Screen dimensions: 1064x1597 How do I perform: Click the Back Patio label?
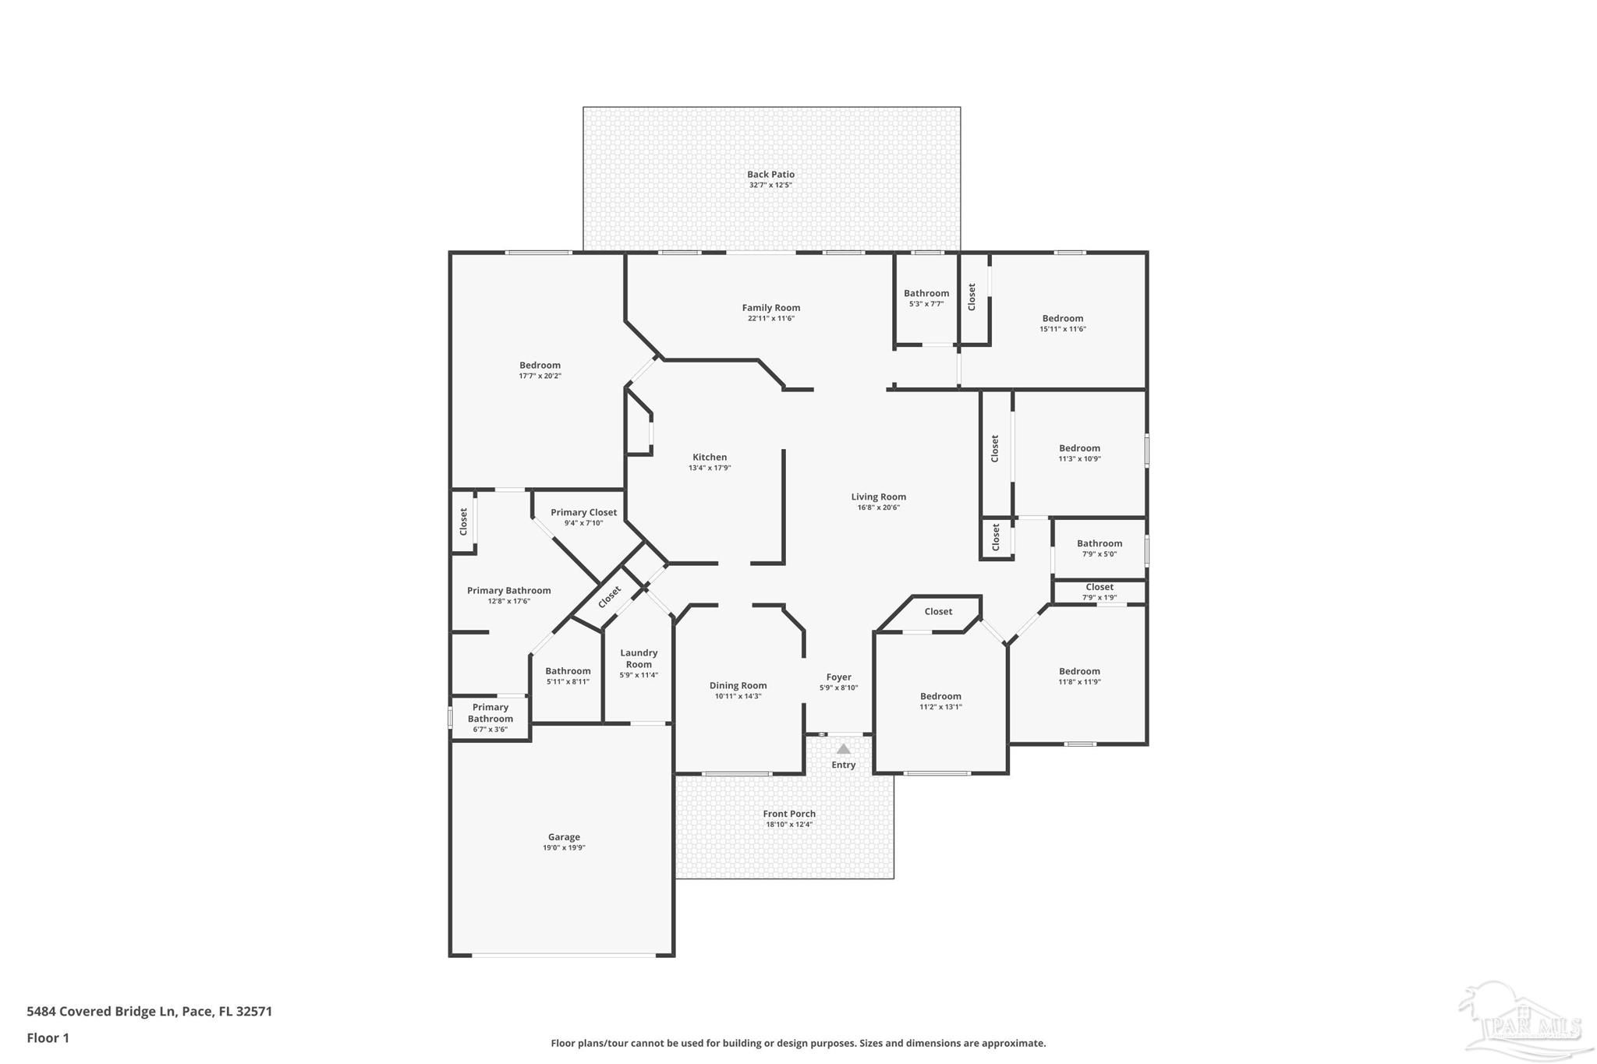tap(770, 175)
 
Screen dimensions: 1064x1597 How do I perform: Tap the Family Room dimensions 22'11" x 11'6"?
tap(770, 319)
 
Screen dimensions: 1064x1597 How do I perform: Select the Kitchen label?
tap(710, 458)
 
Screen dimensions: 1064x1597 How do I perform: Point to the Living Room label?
tap(878, 497)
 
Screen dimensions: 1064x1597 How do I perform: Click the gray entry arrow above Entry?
tap(843, 749)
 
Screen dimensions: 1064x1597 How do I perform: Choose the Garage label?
tap(564, 837)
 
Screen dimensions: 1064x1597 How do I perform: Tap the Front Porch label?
tap(789, 814)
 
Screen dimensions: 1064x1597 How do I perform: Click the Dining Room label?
tap(738, 686)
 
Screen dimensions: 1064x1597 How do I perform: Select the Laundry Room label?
tap(639, 659)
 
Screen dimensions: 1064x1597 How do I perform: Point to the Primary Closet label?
tap(583, 512)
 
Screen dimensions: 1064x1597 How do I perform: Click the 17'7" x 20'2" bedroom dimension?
tap(540, 376)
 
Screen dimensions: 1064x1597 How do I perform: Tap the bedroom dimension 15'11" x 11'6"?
tap(1062, 329)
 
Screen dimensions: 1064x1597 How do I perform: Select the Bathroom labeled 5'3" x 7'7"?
tap(926, 294)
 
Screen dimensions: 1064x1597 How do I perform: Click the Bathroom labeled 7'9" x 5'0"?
tap(1099, 544)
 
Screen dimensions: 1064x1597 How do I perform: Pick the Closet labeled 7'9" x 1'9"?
tap(1099, 587)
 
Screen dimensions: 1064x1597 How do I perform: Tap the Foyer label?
tap(839, 677)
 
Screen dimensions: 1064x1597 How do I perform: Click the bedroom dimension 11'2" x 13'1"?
tap(940, 707)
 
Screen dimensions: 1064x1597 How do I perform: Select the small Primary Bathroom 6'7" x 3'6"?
tap(490, 713)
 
